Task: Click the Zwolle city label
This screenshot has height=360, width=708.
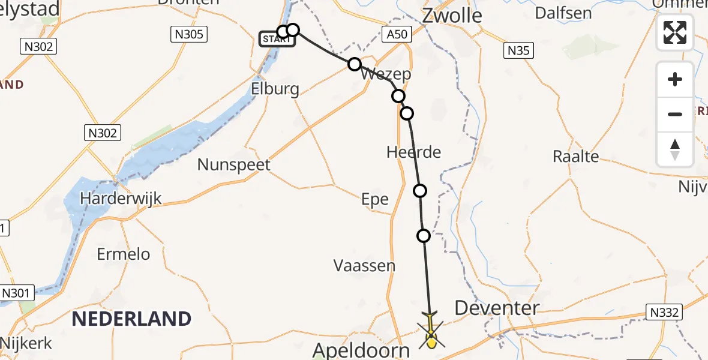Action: (x=452, y=15)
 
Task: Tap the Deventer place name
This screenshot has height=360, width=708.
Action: (x=496, y=308)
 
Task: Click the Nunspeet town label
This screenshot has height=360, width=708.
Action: (x=234, y=164)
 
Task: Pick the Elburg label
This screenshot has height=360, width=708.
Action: (x=276, y=89)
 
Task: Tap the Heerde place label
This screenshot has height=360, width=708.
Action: (x=413, y=152)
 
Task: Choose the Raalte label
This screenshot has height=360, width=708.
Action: (x=575, y=157)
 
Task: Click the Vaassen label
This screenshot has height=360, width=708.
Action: (x=364, y=265)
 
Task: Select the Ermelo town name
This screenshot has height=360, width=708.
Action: (x=124, y=254)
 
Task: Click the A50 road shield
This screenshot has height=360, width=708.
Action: (x=397, y=34)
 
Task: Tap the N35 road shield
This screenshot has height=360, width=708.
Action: (x=518, y=50)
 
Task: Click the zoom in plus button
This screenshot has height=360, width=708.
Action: (x=675, y=79)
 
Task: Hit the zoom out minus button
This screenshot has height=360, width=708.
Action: (x=675, y=114)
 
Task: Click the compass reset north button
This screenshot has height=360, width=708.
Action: (x=675, y=149)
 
